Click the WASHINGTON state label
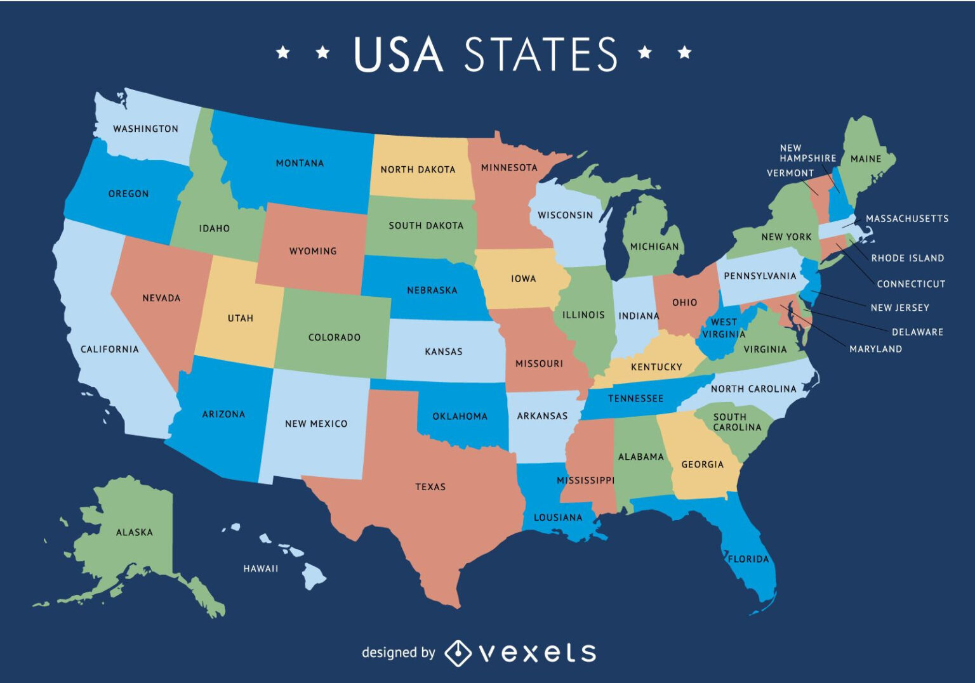click(x=146, y=129)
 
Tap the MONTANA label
click(x=300, y=163)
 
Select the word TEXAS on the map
click(x=430, y=487)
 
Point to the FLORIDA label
click(x=748, y=559)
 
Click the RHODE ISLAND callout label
click(x=907, y=258)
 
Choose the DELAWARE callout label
click(x=917, y=332)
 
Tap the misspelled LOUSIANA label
click(x=558, y=517)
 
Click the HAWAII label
click(x=261, y=568)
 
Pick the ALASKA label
click(x=135, y=532)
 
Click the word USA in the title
click(x=398, y=54)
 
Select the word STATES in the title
click(x=541, y=54)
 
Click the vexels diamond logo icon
click(x=457, y=653)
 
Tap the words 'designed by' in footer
click(x=398, y=653)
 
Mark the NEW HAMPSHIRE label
click(x=807, y=153)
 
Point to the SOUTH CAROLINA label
click(x=737, y=422)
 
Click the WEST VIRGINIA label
click(x=724, y=328)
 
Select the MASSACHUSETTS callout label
click(x=907, y=219)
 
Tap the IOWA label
click(x=524, y=278)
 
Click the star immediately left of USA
click(x=323, y=52)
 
